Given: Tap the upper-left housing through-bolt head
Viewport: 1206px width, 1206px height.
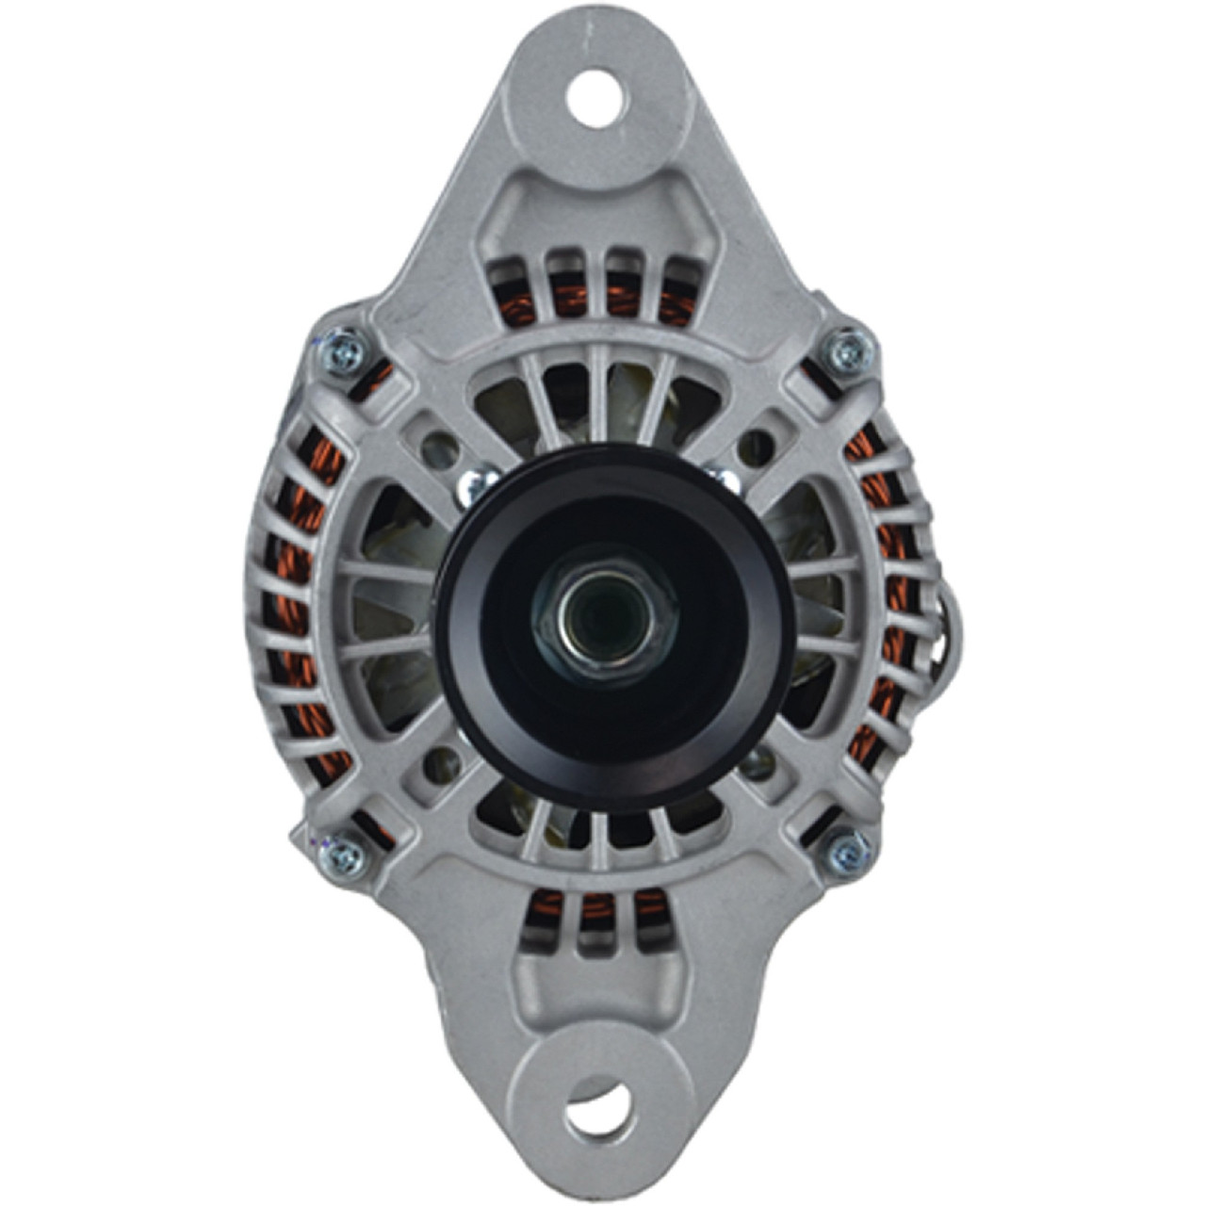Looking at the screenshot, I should coord(341,353).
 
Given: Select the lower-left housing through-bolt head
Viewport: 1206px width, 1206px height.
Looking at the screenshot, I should coord(346,854).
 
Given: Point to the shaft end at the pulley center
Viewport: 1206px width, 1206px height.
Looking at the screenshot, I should coord(595,614).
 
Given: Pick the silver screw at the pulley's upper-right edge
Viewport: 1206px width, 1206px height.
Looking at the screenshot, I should coord(726,479).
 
